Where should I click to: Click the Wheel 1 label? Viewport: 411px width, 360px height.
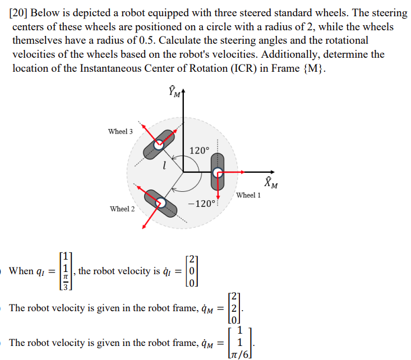248,195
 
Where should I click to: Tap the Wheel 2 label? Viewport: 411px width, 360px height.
122,209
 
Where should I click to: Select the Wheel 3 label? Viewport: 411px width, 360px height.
121,131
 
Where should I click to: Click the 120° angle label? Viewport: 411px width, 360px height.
199,150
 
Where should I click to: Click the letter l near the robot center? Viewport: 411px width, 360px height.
163,165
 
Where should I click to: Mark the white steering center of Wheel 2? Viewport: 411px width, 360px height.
159,203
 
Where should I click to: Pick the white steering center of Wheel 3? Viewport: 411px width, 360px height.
159,143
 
